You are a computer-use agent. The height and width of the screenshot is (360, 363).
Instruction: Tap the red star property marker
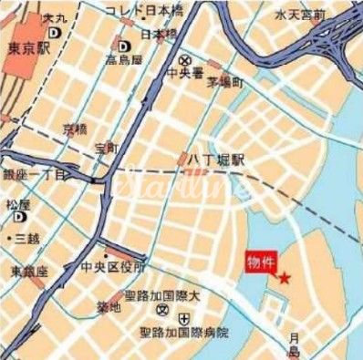[284, 278]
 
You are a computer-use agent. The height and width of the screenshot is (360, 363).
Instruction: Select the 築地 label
[109, 307]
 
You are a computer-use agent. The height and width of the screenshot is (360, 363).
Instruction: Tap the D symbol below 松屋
[17, 220]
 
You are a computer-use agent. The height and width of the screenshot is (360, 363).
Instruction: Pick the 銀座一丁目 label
[33, 174]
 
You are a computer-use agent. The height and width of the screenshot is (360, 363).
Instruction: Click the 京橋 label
[74, 129]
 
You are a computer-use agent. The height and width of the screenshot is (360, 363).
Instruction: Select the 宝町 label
[106, 147]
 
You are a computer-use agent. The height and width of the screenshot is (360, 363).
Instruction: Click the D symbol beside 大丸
[56, 30]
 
